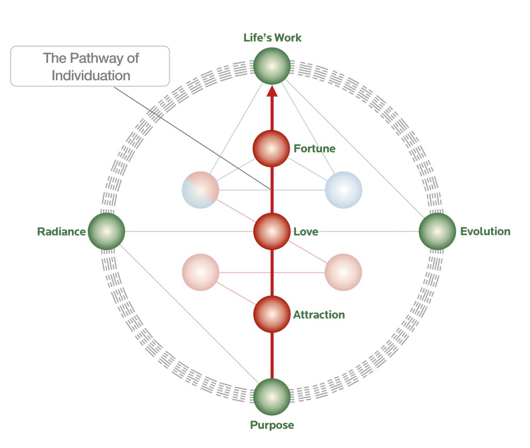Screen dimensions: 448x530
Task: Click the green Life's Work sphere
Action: tap(272, 66)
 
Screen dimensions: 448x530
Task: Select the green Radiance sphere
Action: tap(106, 232)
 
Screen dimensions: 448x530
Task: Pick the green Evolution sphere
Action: tap(437, 232)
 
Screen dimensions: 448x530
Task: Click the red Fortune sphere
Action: tap(271, 149)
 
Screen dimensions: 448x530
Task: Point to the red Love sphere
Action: tap(271, 232)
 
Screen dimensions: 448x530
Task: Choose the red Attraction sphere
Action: tap(271, 314)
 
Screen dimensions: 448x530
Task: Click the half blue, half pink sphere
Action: tap(201, 190)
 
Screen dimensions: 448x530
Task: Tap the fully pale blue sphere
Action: tap(343, 190)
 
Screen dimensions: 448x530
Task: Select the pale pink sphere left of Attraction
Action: tap(201, 272)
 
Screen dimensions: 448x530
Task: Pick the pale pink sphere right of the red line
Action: tap(343, 272)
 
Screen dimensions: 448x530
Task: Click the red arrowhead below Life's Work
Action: tap(272, 92)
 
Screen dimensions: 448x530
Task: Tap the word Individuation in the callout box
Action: tap(91, 75)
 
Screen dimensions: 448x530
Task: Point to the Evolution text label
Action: tap(485, 232)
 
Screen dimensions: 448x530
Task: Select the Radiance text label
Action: tap(61, 232)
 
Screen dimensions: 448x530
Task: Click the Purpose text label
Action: tap(272, 426)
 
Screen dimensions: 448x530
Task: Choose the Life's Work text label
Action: tap(272, 38)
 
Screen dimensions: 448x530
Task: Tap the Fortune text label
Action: tap(315, 149)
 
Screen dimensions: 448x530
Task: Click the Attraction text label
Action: tap(319, 315)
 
